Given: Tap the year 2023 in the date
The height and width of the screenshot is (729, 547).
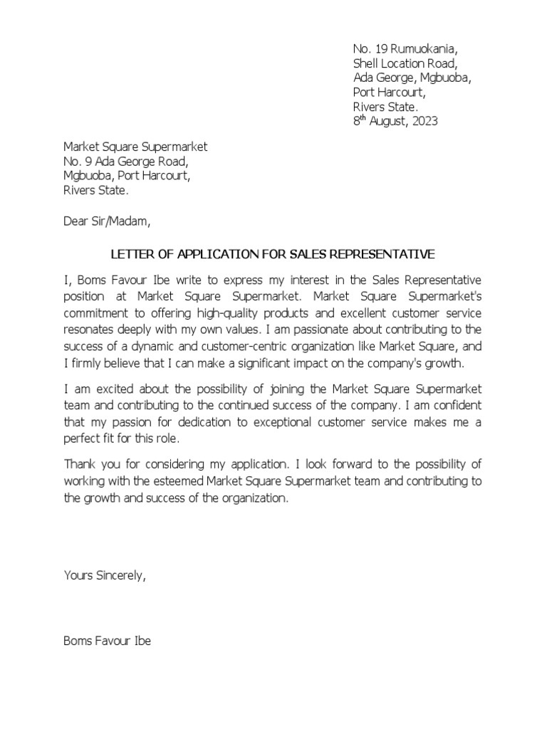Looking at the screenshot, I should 424,121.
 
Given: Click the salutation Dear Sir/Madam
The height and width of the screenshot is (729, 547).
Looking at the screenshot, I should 108,221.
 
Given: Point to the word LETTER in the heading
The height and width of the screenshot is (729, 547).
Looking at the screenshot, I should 130,254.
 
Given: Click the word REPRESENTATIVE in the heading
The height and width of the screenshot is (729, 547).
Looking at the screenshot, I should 389,254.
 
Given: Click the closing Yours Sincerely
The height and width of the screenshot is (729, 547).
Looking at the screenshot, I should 105,575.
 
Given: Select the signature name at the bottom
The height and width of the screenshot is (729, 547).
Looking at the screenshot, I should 107,641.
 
